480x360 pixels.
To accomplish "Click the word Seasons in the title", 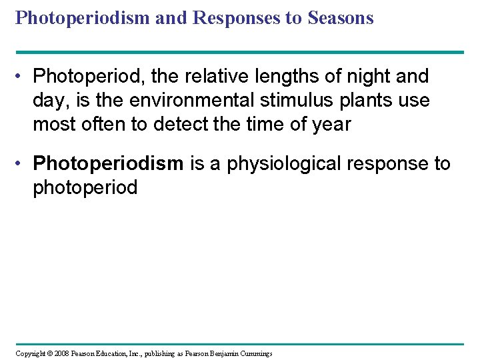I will click(x=341, y=18).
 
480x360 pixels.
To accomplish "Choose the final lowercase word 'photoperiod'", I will click(x=85, y=187).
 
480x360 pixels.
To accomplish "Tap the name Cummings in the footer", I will click(x=253, y=353).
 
